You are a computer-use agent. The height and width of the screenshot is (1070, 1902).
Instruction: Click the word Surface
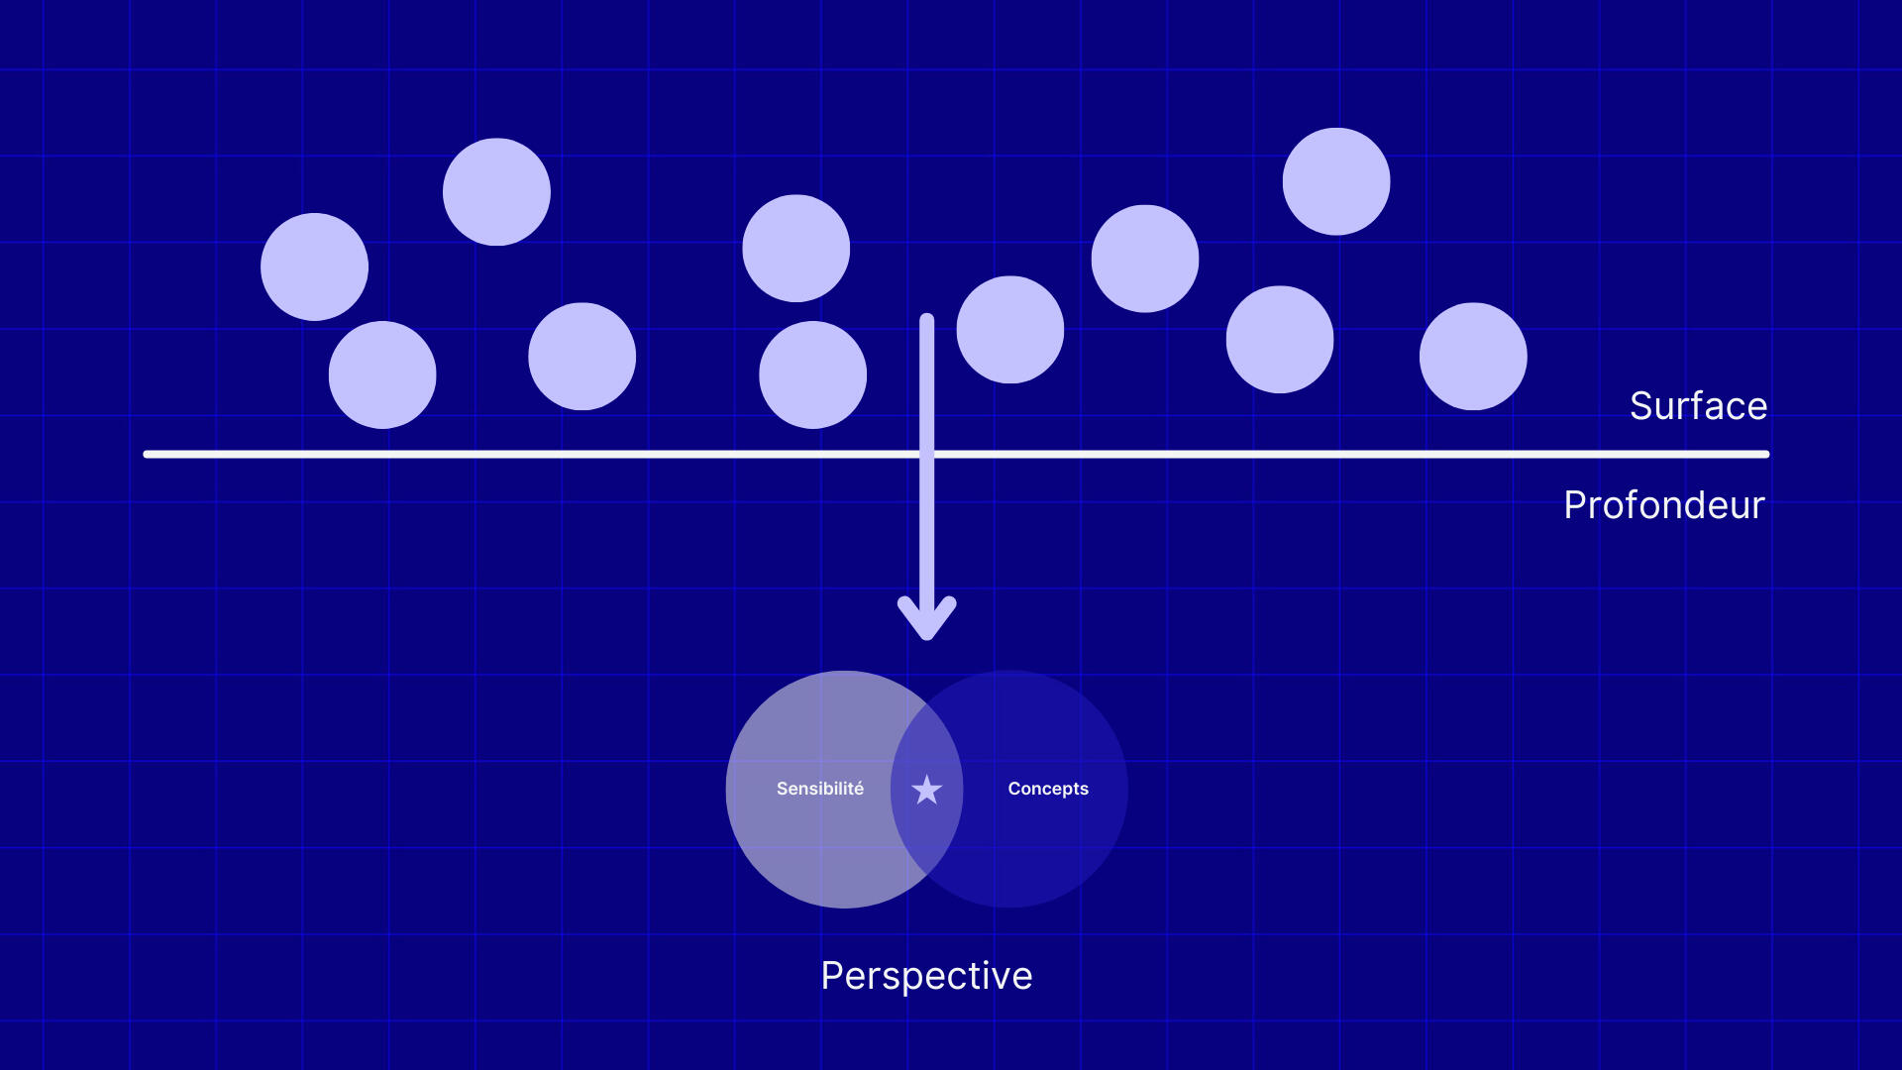pos(1698,406)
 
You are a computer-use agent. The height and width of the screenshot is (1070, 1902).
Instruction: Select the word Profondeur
pos(1663,505)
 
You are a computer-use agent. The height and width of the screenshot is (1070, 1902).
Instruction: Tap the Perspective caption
pos(926,976)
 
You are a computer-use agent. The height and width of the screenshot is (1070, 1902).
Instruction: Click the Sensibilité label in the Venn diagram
pos(819,789)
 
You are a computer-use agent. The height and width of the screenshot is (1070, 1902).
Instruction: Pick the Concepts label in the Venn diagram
pos(1047,789)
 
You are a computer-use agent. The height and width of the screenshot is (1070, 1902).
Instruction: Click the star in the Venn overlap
pos(926,790)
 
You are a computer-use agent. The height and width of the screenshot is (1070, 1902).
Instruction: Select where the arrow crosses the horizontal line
pos(926,454)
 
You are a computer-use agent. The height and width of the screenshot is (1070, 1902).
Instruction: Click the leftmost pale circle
pos(314,267)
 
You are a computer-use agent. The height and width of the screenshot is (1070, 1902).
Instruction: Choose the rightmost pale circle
pos(1472,356)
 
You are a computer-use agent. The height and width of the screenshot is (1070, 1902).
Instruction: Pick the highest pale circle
pos(1335,181)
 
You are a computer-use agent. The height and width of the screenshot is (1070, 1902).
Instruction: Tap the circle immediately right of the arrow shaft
pos(1009,329)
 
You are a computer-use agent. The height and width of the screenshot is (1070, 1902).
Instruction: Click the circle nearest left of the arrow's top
pos(812,374)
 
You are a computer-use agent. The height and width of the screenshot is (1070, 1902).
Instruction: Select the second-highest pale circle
pos(496,191)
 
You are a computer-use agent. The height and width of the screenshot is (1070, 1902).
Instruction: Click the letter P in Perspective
pos(832,976)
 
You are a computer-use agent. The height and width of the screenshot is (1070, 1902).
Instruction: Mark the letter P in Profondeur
pos(1576,505)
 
